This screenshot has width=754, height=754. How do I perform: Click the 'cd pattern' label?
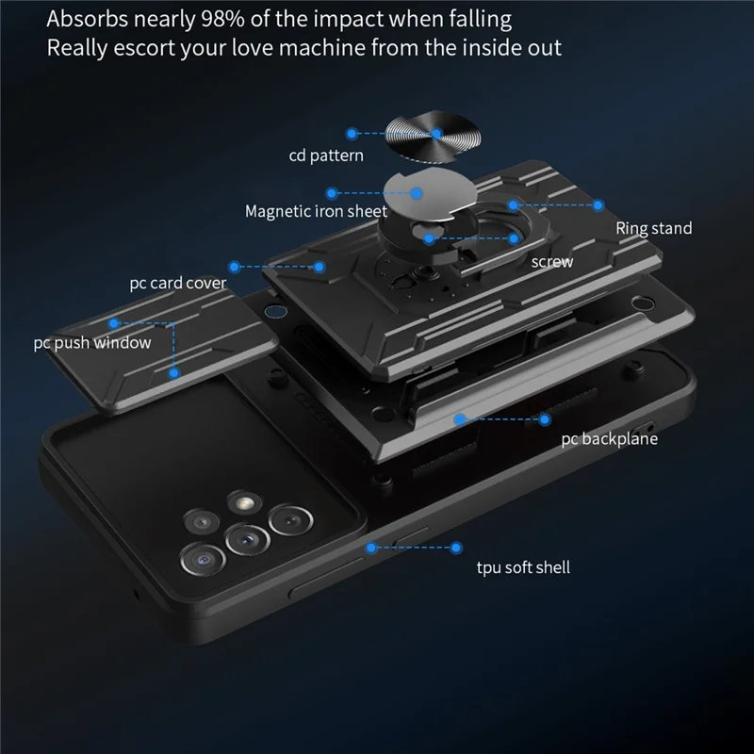326,156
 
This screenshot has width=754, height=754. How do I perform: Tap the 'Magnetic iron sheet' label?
316,211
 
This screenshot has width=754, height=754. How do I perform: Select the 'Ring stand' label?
654,228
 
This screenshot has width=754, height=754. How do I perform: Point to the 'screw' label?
552,262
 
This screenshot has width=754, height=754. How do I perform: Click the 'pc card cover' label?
177,284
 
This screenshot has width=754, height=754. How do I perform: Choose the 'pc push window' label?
91,343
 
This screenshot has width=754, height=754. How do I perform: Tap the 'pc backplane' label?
609,439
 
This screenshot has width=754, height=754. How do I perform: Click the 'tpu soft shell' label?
523,567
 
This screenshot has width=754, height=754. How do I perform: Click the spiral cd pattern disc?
433,135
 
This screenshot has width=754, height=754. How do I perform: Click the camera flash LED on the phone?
245,503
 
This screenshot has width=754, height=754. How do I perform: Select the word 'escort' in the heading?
144,48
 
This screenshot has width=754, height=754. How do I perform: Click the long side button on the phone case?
327,579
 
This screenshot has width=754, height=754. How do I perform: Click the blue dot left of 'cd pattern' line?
352,134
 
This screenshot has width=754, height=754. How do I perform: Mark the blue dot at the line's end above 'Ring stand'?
598,205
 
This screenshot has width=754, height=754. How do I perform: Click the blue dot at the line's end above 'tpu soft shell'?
456,548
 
